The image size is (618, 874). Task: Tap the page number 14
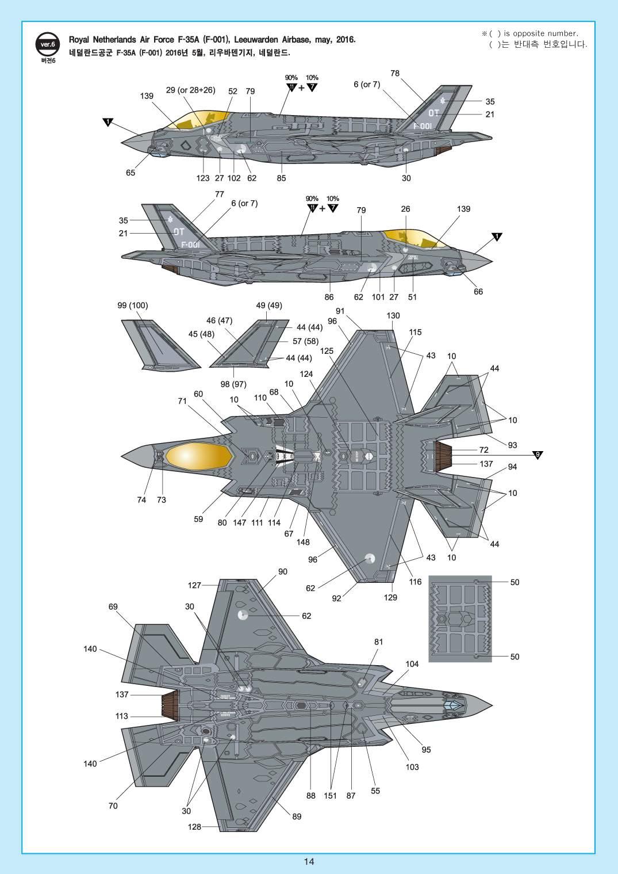pos(309,861)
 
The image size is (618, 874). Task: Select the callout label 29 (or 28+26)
pos(190,90)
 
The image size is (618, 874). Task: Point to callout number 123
pos(203,178)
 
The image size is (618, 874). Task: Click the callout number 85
pos(281,178)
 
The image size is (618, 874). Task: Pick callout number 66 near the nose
pos(478,291)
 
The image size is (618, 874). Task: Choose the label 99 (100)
pos(132,306)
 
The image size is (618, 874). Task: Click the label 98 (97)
pos(233,384)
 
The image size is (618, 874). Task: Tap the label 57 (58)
pos(305,341)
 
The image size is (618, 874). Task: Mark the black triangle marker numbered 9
pos(537,455)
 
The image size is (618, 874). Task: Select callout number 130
pos(393,315)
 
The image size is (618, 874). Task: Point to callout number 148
pos(302,541)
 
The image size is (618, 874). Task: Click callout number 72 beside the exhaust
pos(483,449)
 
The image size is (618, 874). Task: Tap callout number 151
pos(331,796)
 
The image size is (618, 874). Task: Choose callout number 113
pos(121,716)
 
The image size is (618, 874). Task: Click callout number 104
pos(412,663)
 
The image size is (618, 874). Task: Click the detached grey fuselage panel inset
pos(460,619)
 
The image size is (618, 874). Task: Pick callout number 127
pos(194,585)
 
